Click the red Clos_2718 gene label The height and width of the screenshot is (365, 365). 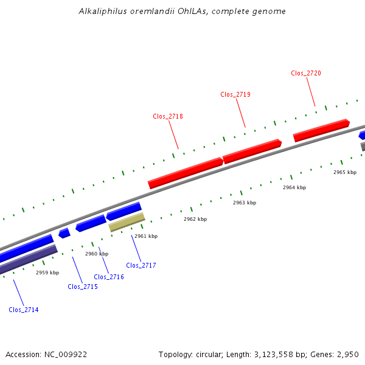(168, 116)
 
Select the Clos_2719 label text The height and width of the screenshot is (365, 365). (235, 94)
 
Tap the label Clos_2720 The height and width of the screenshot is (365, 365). (306, 73)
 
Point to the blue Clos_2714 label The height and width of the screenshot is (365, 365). (24, 310)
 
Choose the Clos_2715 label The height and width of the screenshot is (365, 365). (83, 287)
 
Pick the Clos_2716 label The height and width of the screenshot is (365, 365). (109, 277)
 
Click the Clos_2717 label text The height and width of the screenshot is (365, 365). (141, 265)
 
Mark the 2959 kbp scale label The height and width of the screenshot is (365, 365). (47, 273)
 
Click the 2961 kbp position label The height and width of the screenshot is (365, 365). (146, 236)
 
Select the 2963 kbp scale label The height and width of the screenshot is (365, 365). (245, 203)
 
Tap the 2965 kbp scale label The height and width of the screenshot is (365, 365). (344, 173)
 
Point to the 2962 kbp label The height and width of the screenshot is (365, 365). (195, 219)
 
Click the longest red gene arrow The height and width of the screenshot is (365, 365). (186, 173)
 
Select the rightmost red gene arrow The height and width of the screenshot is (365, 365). (321, 130)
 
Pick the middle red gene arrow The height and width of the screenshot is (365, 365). (252, 151)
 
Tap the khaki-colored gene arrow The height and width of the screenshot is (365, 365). (127, 222)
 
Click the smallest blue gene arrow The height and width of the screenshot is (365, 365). (64, 233)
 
